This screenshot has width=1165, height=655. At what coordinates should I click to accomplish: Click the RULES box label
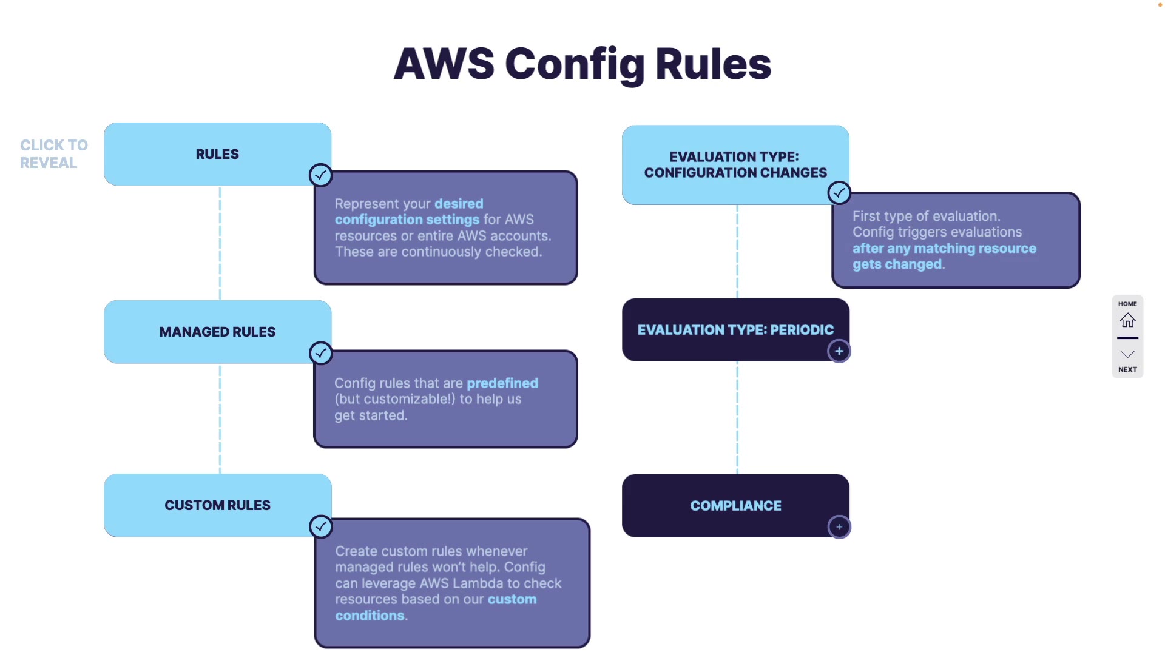[217, 154]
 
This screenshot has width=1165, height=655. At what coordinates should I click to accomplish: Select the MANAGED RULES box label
[217, 332]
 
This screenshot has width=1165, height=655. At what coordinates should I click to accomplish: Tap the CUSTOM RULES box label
[217, 505]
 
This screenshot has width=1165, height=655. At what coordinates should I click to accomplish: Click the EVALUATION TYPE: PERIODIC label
[735, 330]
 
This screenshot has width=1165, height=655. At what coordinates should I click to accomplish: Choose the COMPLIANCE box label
[735, 506]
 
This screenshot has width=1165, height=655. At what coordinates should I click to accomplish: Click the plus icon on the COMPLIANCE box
[839, 527]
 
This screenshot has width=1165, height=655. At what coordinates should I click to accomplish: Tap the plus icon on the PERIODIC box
[839, 351]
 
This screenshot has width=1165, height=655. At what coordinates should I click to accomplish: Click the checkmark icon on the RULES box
[320, 175]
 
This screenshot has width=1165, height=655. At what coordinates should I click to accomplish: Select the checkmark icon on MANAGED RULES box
[320, 353]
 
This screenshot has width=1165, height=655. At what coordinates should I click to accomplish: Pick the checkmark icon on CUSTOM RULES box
[320, 526]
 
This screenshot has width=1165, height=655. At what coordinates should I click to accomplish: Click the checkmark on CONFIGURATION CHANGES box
[839, 193]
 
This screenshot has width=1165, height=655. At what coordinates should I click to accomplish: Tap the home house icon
[1127, 320]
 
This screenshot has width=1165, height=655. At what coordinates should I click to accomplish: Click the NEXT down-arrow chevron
[1127, 354]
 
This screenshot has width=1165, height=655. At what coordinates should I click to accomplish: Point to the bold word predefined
[502, 383]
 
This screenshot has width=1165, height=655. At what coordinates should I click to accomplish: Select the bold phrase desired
[459, 204]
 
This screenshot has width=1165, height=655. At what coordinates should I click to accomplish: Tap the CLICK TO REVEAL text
[53, 154]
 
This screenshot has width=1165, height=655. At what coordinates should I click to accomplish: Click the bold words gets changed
[897, 264]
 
